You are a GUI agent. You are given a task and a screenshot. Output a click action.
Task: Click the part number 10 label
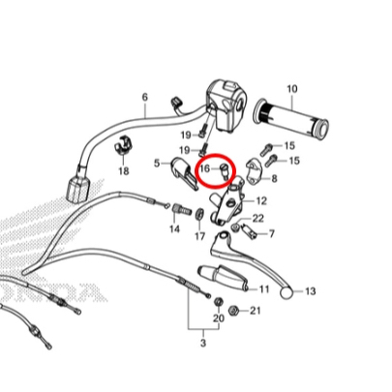pyautogui.click(x=292, y=89)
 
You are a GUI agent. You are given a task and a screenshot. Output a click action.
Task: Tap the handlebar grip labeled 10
pyautogui.click(x=292, y=120)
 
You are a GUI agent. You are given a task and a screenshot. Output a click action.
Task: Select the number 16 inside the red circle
pyautogui.click(x=205, y=168)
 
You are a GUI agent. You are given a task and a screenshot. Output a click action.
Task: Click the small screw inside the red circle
pyautogui.click(x=224, y=170)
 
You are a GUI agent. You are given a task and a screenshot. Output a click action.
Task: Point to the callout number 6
pyautogui.click(x=145, y=97)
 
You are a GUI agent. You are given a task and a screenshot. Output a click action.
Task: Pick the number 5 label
pyautogui.click(x=157, y=164)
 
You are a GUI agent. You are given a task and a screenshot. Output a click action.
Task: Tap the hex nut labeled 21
pyautogui.click(x=233, y=311)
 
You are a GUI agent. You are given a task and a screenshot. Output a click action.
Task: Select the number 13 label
pyautogui.click(x=310, y=291)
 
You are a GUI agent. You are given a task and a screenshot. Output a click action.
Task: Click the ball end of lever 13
pyautogui.click(x=286, y=293)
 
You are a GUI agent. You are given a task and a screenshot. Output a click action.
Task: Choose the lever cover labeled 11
pyautogui.click(x=223, y=277)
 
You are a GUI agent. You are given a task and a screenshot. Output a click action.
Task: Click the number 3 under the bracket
pyautogui.click(x=203, y=343)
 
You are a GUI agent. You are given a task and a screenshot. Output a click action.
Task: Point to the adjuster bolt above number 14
pyautogui.click(x=181, y=211)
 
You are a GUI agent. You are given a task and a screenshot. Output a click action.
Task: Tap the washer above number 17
pyautogui.click(x=199, y=214)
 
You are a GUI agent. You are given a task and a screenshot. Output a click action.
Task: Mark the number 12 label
pyautogui.click(x=261, y=201)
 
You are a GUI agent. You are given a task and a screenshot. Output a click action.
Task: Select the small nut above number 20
pyautogui.click(x=219, y=303)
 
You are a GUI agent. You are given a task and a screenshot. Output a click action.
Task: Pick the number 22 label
pyautogui.click(x=258, y=219)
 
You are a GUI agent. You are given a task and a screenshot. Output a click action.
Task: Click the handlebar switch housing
pyautogui.click(x=226, y=106)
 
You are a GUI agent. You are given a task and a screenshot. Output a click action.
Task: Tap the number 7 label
pyautogui.click(x=272, y=233)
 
